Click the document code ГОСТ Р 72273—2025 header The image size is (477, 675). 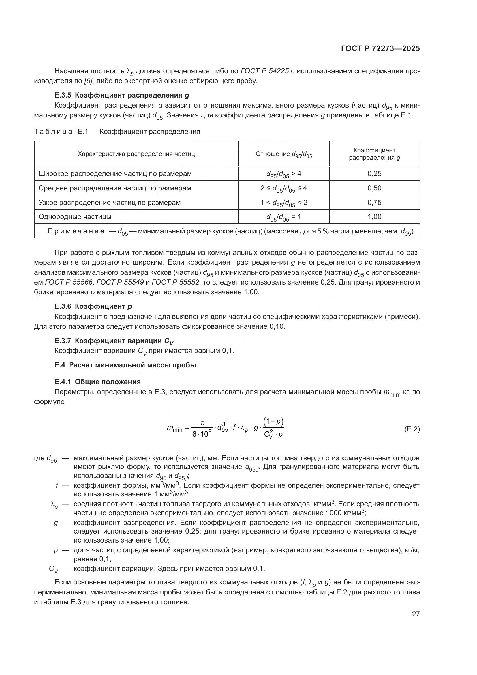point(380,48)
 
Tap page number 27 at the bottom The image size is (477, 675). point(416,614)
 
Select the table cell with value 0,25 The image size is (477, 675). point(374,174)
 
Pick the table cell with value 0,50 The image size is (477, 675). point(374,188)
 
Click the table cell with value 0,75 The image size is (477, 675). point(374,203)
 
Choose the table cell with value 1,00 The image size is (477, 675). point(374,217)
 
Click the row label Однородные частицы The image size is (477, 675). point(75,217)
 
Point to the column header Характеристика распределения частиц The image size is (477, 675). point(136,154)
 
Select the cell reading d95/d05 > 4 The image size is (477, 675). point(283,174)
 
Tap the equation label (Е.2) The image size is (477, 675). point(412,429)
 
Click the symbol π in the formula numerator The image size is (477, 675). point(202,423)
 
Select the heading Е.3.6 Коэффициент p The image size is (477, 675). point(93,307)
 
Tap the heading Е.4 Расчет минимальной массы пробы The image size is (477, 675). point(125,365)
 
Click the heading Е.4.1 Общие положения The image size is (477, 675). point(97,382)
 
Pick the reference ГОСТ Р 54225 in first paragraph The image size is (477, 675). point(264,71)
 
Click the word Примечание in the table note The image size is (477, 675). point(76,231)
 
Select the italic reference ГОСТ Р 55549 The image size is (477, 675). point(120,283)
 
